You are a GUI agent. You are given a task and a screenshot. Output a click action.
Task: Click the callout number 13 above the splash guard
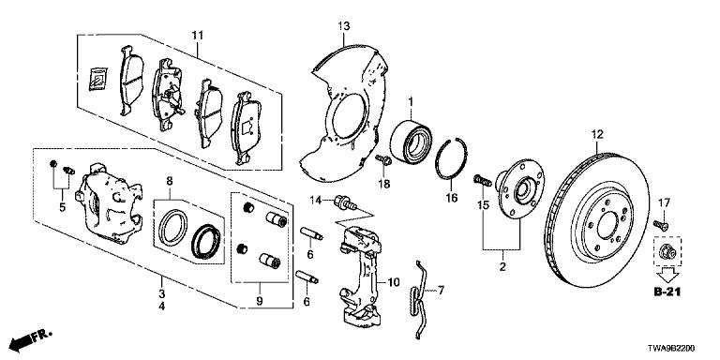344,25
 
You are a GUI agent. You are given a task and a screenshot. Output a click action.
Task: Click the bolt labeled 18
382,160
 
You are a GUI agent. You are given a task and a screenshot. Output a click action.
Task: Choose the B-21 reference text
667,292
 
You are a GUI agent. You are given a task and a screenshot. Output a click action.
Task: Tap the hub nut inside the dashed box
667,251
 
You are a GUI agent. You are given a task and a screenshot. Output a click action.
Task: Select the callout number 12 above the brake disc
597,135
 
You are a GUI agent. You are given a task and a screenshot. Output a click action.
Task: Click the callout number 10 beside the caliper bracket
394,281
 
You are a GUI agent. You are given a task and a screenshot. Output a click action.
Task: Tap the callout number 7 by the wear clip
441,290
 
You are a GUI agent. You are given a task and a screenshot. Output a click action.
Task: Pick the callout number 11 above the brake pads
198,35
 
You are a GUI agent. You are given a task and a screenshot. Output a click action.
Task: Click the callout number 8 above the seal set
169,181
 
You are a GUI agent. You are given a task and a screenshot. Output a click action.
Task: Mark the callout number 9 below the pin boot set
260,301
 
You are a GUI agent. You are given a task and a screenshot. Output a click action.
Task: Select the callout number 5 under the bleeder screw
62,207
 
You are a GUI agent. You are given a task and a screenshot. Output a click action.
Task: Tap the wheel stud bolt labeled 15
482,180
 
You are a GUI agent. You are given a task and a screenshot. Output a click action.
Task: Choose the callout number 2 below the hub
502,267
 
